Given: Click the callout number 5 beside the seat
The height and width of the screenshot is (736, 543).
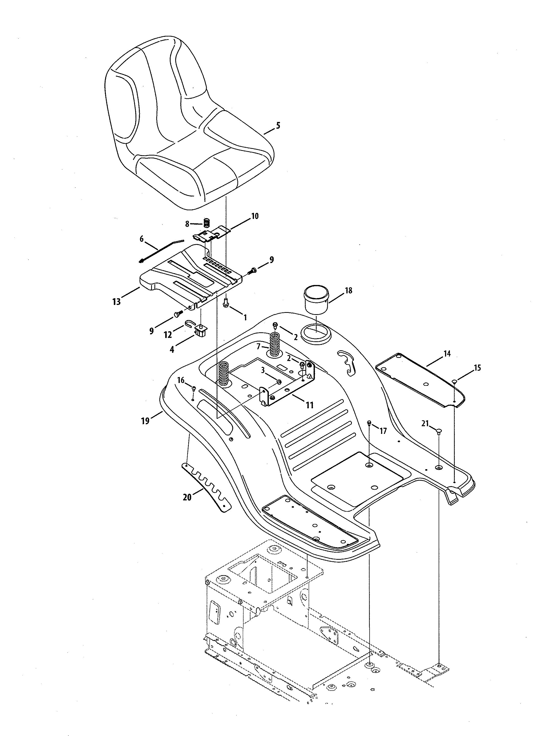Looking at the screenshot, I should [x=278, y=125].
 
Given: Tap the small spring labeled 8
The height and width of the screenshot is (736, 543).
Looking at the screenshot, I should [x=206, y=223].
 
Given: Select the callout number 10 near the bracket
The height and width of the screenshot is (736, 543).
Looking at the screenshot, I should [x=255, y=216].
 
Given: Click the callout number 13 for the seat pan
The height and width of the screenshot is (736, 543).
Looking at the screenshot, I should [x=116, y=301].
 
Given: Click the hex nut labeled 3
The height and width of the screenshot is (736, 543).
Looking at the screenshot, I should [x=278, y=382].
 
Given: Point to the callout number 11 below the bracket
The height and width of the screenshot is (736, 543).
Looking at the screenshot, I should [x=310, y=405].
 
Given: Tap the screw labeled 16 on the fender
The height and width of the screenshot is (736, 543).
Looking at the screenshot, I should [x=194, y=389].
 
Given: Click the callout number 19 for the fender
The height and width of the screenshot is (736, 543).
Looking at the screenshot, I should [x=145, y=420].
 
